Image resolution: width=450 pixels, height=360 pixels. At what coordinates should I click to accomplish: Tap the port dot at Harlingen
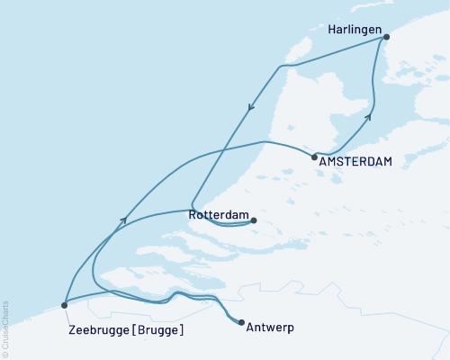pyautogui.click(x=386, y=38)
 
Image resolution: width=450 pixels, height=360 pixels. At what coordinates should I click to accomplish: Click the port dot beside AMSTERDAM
pyautogui.click(x=314, y=157)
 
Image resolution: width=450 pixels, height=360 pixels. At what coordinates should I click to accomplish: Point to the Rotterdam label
pyautogui.click(x=218, y=216)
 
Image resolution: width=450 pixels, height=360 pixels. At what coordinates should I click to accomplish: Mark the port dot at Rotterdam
pyautogui.click(x=254, y=220)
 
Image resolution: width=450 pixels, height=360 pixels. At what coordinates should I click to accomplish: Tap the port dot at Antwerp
pyautogui.click(x=240, y=322)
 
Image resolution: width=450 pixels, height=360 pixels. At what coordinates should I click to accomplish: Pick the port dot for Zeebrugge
pyautogui.click(x=64, y=305)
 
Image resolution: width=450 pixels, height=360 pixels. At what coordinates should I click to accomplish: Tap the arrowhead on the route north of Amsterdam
pyautogui.click(x=367, y=117)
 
